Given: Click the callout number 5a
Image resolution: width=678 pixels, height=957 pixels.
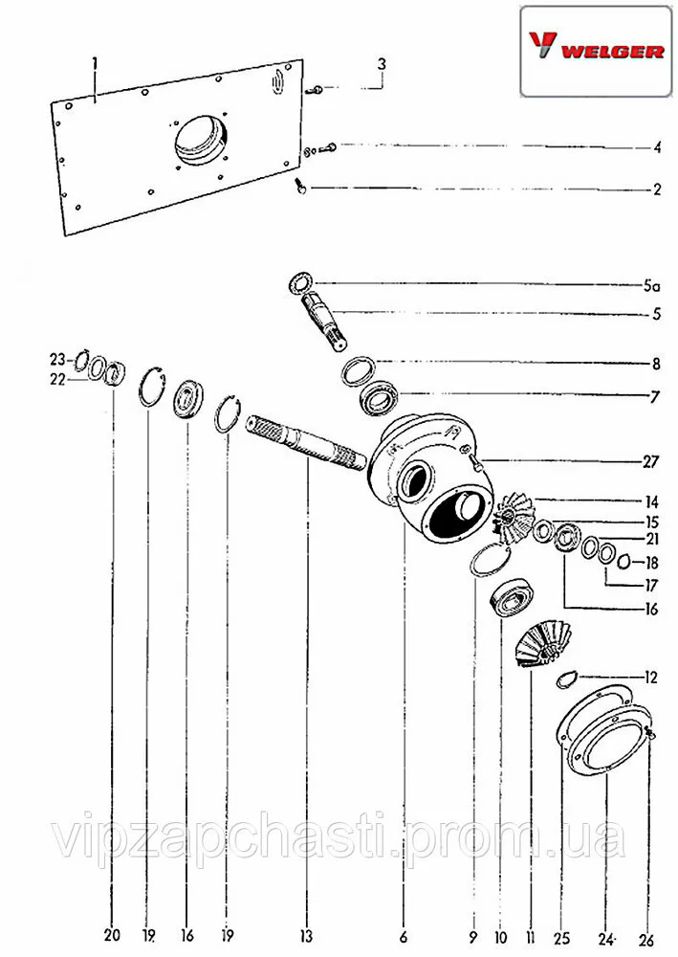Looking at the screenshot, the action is pyautogui.click(x=651, y=285).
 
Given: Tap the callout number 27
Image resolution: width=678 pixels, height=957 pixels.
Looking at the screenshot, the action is pyautogui.click(x=650, y=461).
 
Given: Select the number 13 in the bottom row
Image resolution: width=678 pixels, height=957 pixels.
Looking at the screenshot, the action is pyautogui.click(x=305, y=935).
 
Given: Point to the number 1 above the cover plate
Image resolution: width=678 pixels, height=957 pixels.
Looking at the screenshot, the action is pyautogui.click(x=95, y=63).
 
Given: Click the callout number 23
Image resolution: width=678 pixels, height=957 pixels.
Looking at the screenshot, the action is pyautogui.click(x=56, y=360).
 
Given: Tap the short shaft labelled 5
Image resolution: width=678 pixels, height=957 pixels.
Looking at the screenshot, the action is pyautogui.click(x=324, y=321).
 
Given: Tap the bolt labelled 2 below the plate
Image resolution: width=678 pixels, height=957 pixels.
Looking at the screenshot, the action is pyautogui.click(x=300, y=185).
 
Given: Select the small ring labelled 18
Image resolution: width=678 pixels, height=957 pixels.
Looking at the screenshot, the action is pyautogui.click(x=623, y=562).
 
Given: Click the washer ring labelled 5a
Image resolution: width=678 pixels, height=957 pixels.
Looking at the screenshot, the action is pyautogui.click(x=300, y=284).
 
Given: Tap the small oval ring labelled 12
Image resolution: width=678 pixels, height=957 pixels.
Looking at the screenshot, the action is pyautogui.click(x=566, y=679).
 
